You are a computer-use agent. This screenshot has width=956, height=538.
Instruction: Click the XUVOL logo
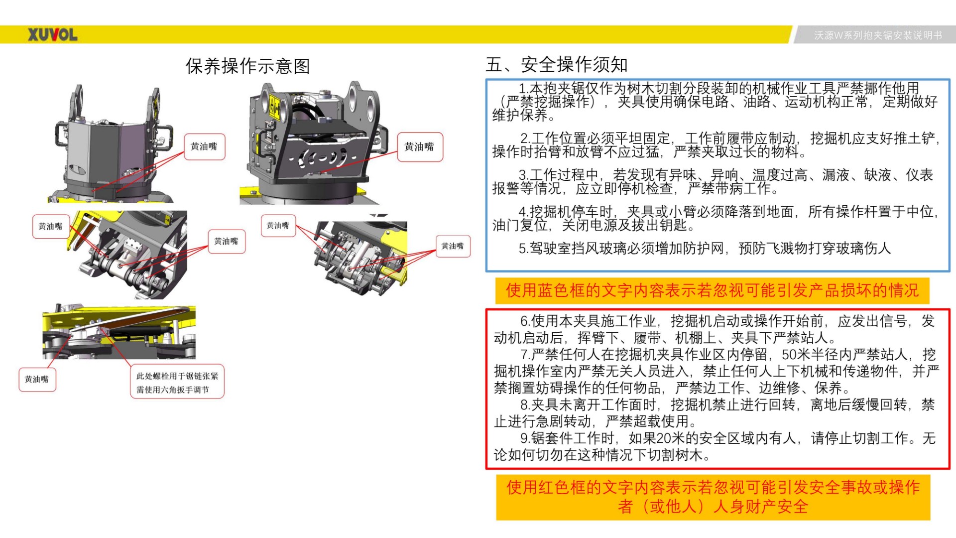pyautogui.click(x=52, y=35)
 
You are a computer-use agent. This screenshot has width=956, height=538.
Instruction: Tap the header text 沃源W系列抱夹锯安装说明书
pyautogui.click(x=878, y=35)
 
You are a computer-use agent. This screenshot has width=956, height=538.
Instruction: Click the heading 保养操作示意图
pyautogui.click(x=247, y=66)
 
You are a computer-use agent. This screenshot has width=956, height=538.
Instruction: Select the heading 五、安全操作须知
pyautogui.click(x=557, y=65)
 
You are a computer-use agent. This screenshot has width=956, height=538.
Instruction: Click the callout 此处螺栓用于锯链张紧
pyautogui.click(x=177, y=376)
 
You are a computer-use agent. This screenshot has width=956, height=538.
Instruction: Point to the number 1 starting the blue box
pyautogui.click(x=522, y=89)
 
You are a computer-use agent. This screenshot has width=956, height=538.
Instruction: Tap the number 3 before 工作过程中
pyautogui.click(x=523, y=175)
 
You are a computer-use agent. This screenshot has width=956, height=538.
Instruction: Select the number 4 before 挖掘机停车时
pyautogui.click(x=523, y=212)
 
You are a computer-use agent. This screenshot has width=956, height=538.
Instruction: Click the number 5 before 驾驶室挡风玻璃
pyautogui.click(x=523, y=249)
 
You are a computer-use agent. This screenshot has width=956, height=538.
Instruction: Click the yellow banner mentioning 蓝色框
pyautogui.click(x=712, y=290)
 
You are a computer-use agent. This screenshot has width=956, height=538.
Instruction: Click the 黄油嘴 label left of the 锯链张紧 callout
pyautogui.click(x=37, y=380)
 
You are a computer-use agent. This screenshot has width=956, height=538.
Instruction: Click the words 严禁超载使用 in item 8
pyautogui.click(x=647, y=421)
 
